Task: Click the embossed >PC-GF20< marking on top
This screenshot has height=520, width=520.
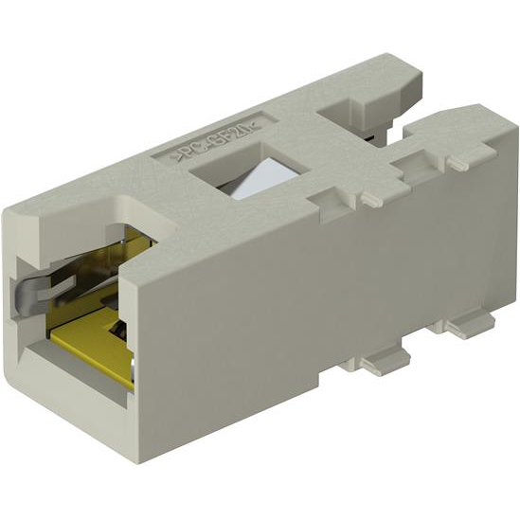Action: pyautogui.click(x=212, y=136)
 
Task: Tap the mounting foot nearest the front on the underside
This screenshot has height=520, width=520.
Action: pyautogui.click(x=385, y=361)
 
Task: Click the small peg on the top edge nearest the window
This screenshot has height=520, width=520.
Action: pyautogui.click(x=364, y=196)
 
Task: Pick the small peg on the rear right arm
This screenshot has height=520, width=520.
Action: pyautogui.click(x=457, y=163)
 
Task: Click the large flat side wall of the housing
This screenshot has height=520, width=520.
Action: pyautogui.click(x=313, y=284)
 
